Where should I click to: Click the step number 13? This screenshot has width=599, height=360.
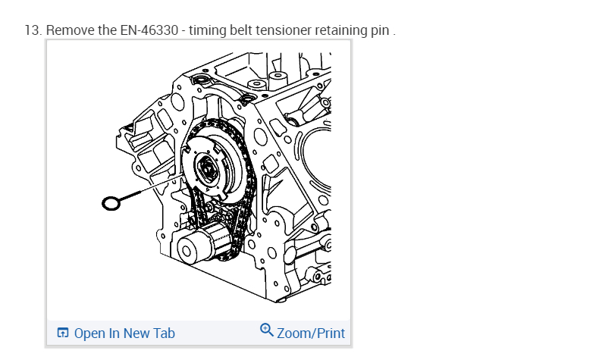coord(33,30)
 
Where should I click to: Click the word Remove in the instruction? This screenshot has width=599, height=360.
coord(71,30)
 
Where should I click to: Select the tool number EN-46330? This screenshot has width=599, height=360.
coord(149,30)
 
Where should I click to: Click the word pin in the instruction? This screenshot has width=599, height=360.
coord(380,31)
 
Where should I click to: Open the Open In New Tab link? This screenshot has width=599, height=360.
coord(116,333)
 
